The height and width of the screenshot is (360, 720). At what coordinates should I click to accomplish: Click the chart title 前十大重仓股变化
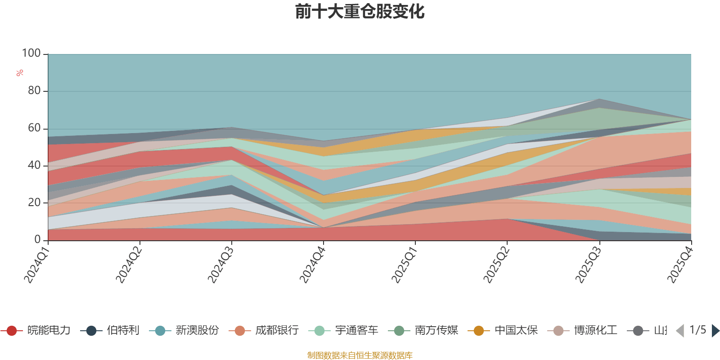(x=360, y=12)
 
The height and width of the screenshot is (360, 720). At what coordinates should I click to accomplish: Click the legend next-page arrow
(x=715, y=331)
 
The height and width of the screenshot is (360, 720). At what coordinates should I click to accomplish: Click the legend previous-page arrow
(x=680, y=331)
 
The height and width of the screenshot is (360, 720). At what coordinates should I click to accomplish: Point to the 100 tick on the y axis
(x=31, y=54)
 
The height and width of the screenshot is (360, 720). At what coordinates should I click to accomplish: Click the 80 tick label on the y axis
(x=34, y=91)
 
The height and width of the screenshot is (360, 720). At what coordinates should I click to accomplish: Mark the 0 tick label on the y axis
(x=38, y=240)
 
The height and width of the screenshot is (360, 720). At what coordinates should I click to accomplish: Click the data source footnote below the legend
(x=360, y=355)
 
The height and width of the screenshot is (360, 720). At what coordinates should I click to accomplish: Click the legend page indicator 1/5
(x=697, y=330)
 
